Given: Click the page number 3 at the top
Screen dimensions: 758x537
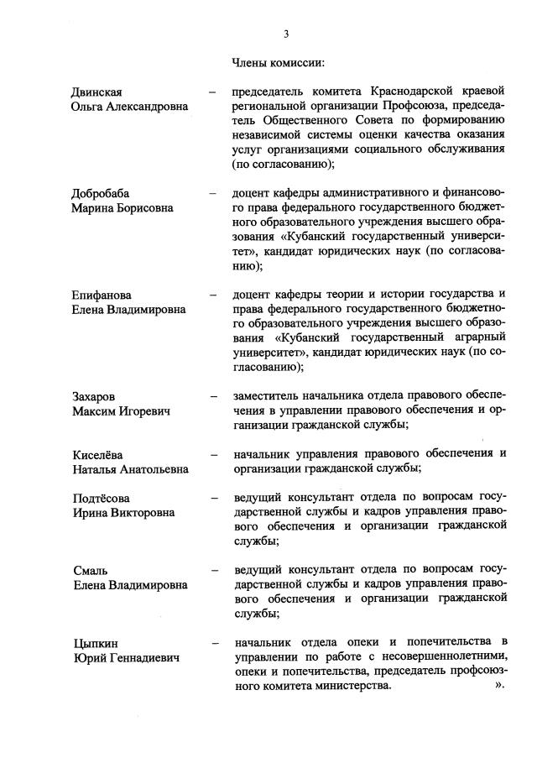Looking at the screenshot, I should [286, 34].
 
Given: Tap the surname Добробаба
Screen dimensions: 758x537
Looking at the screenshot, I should [102, 194].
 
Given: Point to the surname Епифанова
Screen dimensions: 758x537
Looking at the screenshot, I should [102, 295].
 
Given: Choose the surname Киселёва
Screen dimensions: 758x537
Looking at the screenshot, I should [99, 454].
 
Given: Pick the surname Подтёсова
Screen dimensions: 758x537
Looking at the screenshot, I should [102, 498].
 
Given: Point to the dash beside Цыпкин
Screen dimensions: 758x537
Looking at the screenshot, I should [216, 643].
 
